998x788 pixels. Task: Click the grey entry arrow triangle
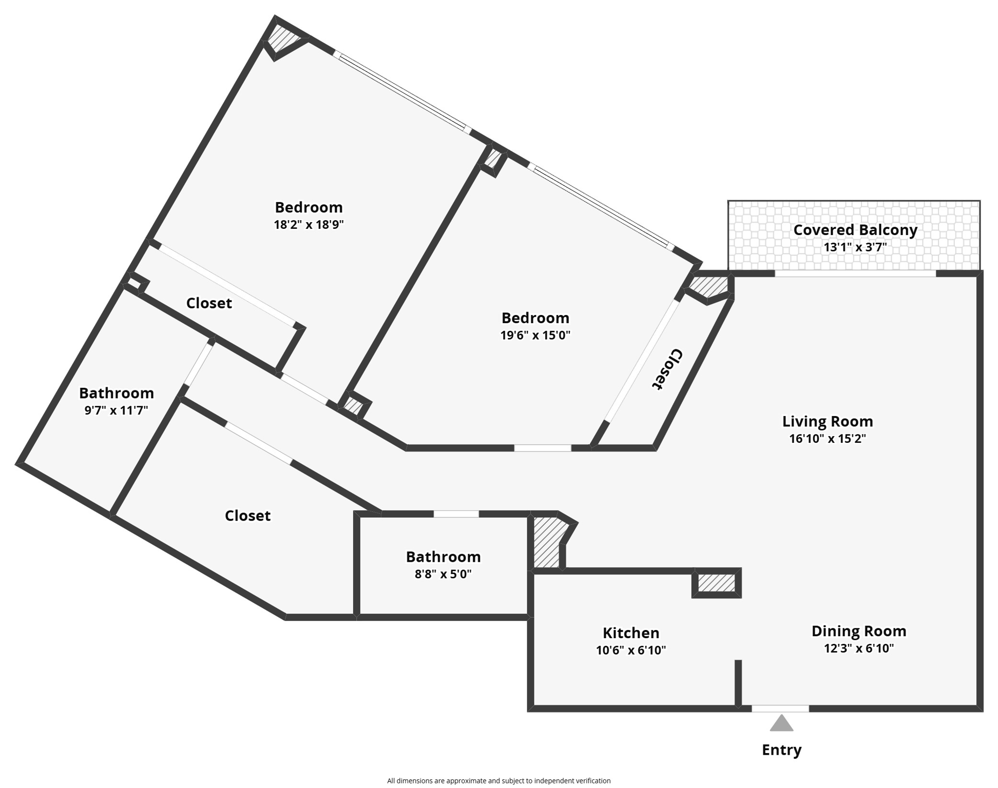[x=781, y=724]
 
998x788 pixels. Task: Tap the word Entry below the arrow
[x=781, y=750]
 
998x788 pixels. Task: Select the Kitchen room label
[x=630, y=633]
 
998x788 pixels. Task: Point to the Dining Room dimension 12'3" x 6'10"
[x=858, y=648]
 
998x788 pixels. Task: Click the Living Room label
[x=827, y=422]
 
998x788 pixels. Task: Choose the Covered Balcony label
[x=855, y=230]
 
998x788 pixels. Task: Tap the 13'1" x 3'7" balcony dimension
[x=855, y=247]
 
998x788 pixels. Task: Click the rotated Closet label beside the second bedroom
[x=667, y=369]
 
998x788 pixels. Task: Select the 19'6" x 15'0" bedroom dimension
[x=535, y=336]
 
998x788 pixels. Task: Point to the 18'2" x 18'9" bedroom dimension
[x=309, y=225]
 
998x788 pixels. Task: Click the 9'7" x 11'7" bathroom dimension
[x=116, y=410]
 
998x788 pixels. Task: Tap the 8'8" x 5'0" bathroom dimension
[x=443, y=574]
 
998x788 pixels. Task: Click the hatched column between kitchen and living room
[x=717, y=583]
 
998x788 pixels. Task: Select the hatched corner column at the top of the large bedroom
[x=281, y=39]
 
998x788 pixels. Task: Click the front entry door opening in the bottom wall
[x=780, y=708]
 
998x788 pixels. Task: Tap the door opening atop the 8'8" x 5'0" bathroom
[x=456, y=514]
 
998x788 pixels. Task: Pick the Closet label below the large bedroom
[x=209, y=303]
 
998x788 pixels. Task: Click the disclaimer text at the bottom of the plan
[x=498, y=781]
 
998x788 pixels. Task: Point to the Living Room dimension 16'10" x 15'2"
[x=827, y=439]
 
